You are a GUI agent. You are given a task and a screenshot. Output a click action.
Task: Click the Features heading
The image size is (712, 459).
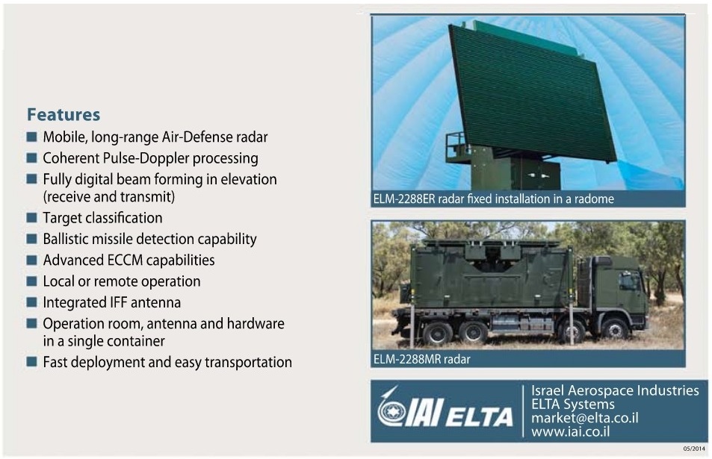pos(64,115)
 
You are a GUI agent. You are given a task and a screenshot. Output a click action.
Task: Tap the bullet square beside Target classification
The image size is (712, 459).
pos(31,218)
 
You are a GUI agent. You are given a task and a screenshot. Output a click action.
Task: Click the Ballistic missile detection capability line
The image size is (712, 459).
pos(149,240)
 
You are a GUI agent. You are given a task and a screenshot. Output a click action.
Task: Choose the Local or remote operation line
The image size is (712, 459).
pos(121,281)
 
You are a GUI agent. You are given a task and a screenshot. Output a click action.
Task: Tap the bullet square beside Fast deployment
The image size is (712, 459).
pos(31,362)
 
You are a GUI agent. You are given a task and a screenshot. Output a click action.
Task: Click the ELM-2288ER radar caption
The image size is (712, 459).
pos(493,199)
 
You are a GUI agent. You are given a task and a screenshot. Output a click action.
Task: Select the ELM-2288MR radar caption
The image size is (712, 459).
pos(421,359)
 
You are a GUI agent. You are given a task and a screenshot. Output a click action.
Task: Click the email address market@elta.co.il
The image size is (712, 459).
pos(584,418)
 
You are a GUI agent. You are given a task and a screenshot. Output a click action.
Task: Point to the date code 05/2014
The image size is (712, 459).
pos(693,449)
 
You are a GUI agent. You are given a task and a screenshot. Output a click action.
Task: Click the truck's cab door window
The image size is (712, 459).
pos(628,281)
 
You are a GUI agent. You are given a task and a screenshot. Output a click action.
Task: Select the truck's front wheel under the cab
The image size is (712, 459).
pos(614,328)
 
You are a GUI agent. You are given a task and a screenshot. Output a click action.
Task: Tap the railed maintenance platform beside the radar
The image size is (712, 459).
pos(457,146)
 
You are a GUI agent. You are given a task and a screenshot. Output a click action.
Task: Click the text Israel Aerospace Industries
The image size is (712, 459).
pos(614,391)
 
